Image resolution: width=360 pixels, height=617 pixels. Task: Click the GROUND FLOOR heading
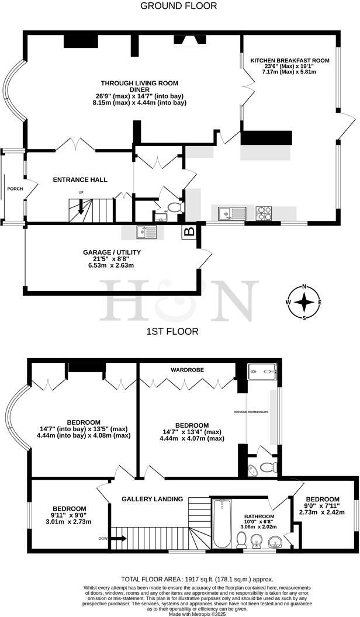179,6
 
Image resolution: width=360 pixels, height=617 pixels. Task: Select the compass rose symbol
304,302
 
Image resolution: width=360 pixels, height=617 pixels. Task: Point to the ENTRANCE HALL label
80,179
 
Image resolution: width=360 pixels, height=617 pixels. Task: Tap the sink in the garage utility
147,232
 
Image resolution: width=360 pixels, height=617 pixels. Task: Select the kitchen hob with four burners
264,213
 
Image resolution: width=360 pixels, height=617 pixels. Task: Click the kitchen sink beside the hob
231,213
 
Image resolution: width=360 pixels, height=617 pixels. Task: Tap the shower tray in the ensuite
261,372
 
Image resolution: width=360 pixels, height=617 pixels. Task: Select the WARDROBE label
186,370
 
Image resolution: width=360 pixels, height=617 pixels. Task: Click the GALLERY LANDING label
152,498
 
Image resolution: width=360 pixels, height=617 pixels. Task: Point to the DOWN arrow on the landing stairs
119,538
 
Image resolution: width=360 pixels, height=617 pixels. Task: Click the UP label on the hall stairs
81,192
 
